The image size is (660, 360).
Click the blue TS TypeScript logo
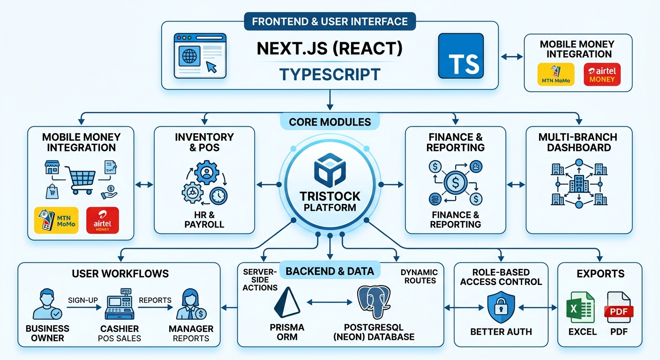tap(461, 56)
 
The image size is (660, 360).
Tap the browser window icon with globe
tap(200, 56)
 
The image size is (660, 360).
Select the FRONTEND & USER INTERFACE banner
tap(330, 21)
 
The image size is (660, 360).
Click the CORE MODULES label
tap(330, 122)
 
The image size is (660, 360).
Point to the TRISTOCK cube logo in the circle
tap(330, 170)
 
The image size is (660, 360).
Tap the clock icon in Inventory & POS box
tap(218, 196)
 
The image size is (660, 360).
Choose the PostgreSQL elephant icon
tap(374, 302)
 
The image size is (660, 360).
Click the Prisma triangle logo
tap(287, 302)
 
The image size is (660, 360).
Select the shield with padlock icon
tap(501, 307)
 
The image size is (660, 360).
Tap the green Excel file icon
tap(580, 307)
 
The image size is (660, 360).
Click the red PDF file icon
tap(618, 307)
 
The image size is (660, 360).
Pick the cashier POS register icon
tap(120, 304)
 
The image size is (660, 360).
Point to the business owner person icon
tap(47, 304)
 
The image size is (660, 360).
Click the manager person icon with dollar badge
tap(191, 304)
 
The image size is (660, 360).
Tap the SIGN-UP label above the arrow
tap(83, 300)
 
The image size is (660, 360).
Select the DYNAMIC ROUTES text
tap(420, 277)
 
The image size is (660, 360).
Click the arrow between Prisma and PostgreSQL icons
tap(330, 302)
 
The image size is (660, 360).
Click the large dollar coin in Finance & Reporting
tap(456, 183)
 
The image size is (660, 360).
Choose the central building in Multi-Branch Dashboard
tap(579, 184)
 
